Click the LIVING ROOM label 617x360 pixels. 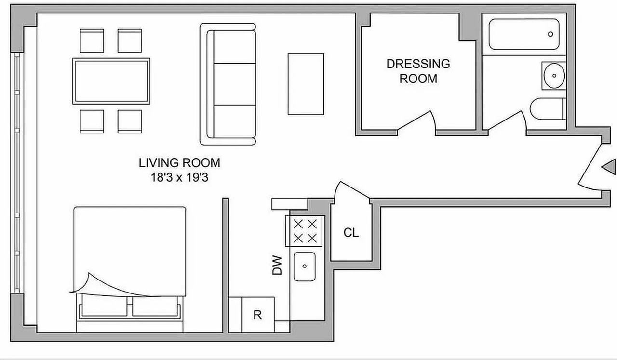tap(179, 162)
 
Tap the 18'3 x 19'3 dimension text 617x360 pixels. tap(179, 177)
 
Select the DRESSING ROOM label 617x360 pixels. tap(418, 71)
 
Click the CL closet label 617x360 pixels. tap(351, 233)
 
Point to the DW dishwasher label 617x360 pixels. tap(277, 266)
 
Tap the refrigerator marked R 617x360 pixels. tap(257, 315)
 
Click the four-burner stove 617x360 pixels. tap(305, 231)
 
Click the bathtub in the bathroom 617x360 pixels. tap(523, 34)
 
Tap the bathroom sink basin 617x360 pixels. tap(553, 76)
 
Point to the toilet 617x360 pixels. tap(547, 109)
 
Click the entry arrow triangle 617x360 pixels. tap(609, 167)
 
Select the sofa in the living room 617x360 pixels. tap(228, 84)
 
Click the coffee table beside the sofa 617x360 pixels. tap(306, 84)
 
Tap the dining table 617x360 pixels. tap(111, 81)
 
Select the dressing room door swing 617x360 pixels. tap(417, 121)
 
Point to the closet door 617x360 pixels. tap(352, 190)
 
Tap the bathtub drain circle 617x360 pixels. tap(550, 34)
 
